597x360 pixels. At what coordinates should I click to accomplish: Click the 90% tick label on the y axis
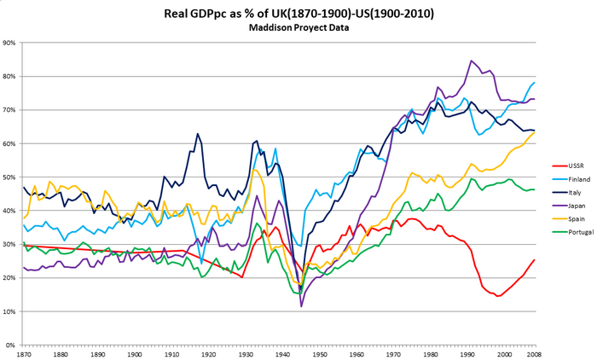(x=9, y=43)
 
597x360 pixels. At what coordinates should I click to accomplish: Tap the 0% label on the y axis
(x=11, y=345)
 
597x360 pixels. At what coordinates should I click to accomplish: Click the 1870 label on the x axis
(x=25, y=354)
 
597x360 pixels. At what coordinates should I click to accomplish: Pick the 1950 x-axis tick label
(x=320, y=354)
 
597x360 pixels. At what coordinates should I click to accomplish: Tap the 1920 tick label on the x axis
(x=209, y=354)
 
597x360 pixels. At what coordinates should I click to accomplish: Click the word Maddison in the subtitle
(x=272, y=27)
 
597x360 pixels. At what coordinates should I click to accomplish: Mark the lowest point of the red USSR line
(x=498, y=296)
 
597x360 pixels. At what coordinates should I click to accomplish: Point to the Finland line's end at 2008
(x=534, y=83)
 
